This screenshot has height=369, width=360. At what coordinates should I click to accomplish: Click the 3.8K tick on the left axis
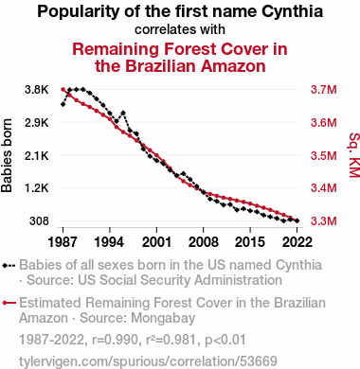[37, 90]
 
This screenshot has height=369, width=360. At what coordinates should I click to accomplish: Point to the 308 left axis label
[39, 221]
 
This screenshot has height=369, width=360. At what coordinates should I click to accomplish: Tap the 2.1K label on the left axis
[37, 155]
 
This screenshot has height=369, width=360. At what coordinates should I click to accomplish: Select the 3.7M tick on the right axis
[324, 90]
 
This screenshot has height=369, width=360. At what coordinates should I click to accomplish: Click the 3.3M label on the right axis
[324, 221]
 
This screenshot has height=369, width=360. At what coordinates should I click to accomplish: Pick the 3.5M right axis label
[324, 155]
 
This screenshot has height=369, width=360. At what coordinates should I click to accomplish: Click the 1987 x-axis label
[63, 242]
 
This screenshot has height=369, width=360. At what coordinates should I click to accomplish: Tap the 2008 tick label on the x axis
[204, 242]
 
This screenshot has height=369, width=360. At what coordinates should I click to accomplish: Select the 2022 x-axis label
[297, 242]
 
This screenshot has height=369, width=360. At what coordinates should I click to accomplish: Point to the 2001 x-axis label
[156, 242]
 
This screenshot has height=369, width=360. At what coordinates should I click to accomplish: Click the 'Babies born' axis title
[7, 155]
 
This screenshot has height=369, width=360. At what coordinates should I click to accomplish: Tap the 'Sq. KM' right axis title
[354, 155]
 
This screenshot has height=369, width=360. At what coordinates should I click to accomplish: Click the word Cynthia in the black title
[292, 12]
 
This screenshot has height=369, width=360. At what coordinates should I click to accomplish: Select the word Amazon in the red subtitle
[233, 66]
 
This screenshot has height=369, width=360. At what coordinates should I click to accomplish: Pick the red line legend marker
[9, 303]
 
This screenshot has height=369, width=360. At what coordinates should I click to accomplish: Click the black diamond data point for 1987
[63, 104]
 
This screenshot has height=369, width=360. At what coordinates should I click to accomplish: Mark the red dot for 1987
[63, 90]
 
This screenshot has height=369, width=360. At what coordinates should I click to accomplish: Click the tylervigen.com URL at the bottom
[148, 361]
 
